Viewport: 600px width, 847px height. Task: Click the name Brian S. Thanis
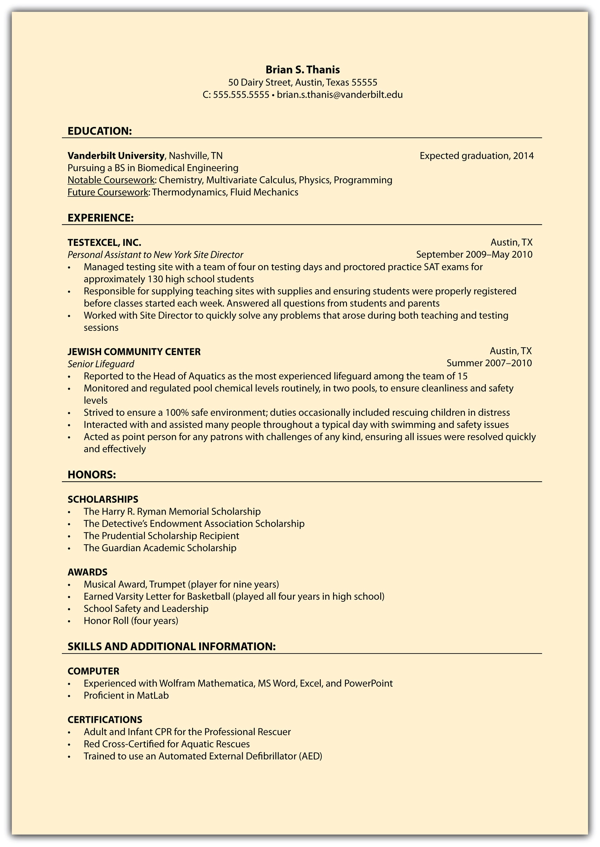tap(302, 70)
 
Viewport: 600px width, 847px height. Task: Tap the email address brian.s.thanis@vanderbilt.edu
tap(340, 95)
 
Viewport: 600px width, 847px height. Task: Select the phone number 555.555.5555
tap(241, 95)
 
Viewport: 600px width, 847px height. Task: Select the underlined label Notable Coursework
tap(111, 180)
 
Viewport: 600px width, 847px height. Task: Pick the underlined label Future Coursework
tap(108, 192)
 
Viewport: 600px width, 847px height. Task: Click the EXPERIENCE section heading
tap(101, 218)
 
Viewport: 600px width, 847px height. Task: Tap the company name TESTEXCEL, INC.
tap(104, 243)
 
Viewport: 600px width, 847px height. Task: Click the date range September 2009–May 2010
tap(474, 255)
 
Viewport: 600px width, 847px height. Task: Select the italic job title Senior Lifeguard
tap(101, 364)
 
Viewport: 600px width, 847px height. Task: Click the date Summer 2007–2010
tap(489, 363)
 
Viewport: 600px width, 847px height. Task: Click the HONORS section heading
tap(92, 475)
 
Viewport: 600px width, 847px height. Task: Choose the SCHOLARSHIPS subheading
tap(103, 500)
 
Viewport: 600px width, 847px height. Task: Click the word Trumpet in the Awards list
tap(167, 585)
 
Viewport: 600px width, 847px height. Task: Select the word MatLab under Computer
tap(153, 696)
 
